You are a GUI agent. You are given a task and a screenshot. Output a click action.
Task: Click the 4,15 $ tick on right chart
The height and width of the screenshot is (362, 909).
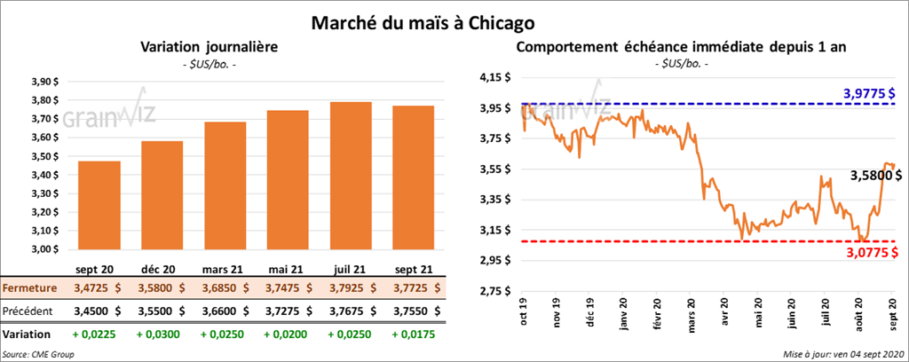click(x=494, y=78)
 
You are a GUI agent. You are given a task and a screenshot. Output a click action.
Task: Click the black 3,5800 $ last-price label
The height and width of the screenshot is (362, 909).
click(x=873, y=176)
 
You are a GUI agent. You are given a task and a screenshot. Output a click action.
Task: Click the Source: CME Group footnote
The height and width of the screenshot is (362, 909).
click(x=38, y=354)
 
